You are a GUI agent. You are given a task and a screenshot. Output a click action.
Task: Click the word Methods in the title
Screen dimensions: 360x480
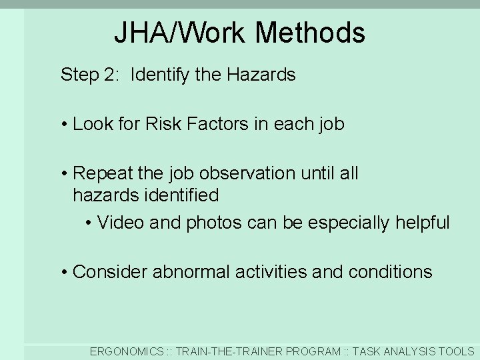click(309, 33)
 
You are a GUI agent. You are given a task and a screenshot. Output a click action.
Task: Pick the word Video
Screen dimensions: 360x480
click(121, 223)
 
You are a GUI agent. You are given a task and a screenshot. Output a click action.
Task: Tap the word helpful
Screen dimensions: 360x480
click(423, 223)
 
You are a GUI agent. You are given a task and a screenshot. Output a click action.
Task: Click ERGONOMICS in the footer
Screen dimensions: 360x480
click(127, 351)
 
